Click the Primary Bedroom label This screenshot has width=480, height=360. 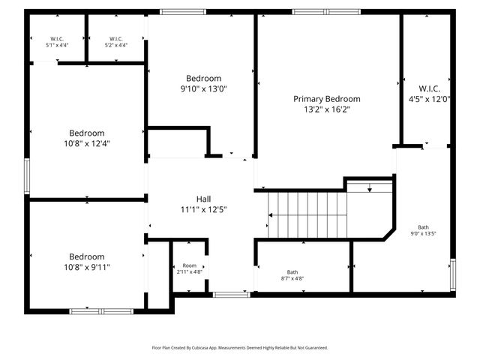point(326,99)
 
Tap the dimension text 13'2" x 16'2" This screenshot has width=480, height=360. point(326,109)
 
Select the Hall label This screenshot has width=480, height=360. point(203,199)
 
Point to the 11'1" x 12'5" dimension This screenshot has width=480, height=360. point(203,209)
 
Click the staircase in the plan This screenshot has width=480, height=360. point(307,213)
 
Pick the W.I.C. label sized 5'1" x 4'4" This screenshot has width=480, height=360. point(57,38)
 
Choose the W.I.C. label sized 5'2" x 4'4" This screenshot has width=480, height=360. point(115,38)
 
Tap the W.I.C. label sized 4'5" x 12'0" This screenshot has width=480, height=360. point(429,88)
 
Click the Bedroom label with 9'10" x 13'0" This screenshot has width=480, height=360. point(203,78)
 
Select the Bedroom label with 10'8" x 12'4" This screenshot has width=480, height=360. point(86,133)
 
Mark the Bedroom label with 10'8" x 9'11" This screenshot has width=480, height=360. point(86,256)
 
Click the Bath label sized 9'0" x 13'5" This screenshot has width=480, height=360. point(424,227)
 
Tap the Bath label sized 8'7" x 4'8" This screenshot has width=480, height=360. point(292,272)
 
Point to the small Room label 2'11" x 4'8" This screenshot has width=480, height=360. point(189,266)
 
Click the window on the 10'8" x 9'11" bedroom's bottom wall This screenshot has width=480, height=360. point(101,310)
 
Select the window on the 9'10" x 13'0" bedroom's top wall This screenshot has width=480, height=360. point(184,12)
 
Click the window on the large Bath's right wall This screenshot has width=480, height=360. point(452,274)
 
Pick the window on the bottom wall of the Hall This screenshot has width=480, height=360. point(231,295)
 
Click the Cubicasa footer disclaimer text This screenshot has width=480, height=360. point(240,348)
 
